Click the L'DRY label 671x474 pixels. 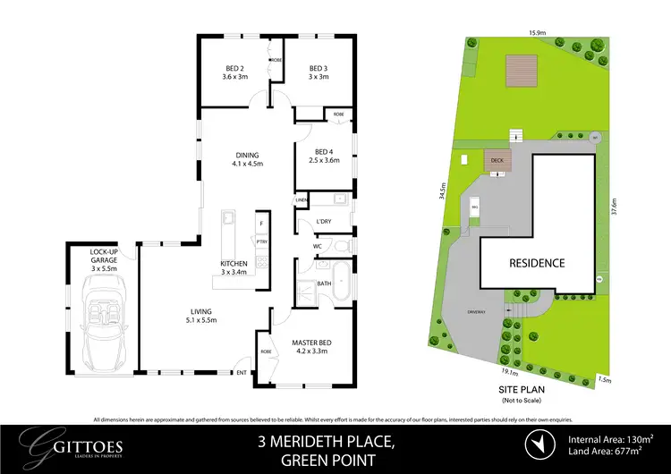click(x=323, y=222)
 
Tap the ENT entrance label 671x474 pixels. click(x=240, y=372)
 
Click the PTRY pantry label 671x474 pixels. click(x=261, y=241)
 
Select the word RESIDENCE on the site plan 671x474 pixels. click(x=537, y=263)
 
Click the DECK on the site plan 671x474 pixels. click(x=497, y=161)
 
